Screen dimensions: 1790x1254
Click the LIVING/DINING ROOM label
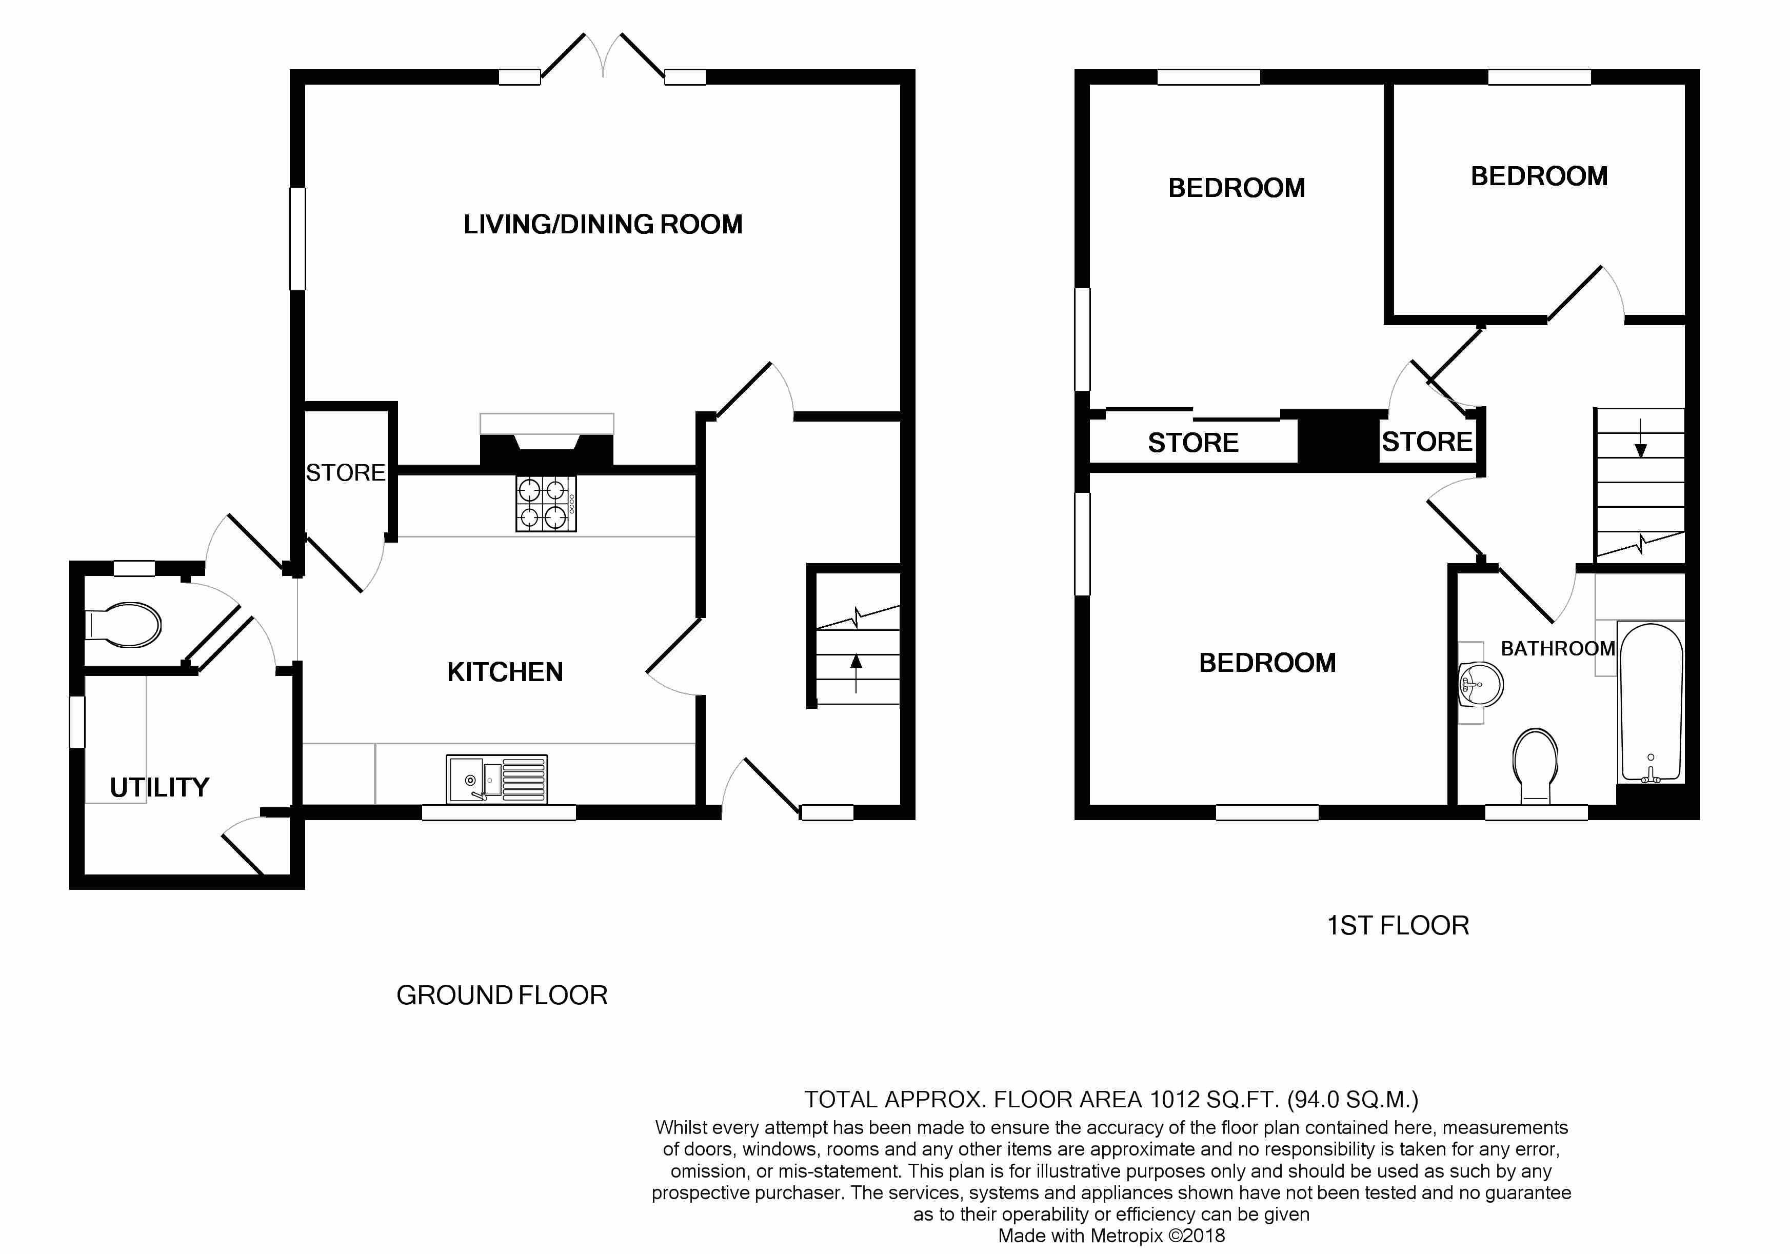603,225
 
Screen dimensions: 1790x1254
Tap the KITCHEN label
505,672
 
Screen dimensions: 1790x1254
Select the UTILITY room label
160,787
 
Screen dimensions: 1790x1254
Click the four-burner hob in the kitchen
546,504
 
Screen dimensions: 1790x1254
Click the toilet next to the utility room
123,624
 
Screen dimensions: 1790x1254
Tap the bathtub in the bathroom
1651,702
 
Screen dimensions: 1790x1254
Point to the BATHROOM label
1558,648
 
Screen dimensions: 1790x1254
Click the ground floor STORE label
345,472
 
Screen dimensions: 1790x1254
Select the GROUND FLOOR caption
502,996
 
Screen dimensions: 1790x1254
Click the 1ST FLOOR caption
1398,925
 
